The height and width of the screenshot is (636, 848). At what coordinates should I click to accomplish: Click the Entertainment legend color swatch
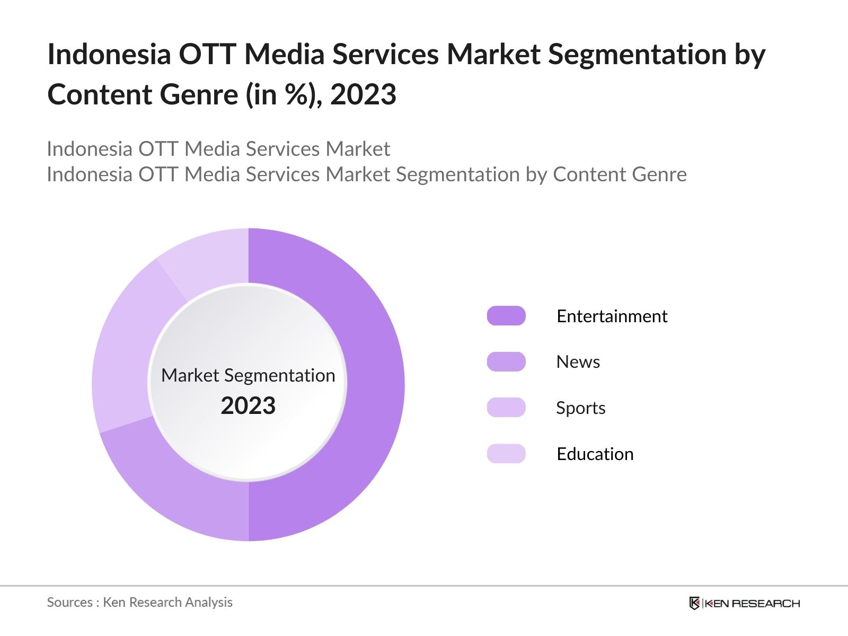coord(506,316)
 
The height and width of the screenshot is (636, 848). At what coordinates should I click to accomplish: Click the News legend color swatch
coord(506,361)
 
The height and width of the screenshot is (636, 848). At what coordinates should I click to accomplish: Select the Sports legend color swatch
coord(506,408)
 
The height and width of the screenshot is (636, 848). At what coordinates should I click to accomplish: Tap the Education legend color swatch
coord(506,454)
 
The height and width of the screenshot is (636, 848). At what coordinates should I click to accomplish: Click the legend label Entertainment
coord(612,316)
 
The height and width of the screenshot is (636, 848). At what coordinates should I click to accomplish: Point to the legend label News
coord(578,361)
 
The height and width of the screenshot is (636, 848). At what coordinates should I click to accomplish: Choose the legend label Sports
coord(580,408)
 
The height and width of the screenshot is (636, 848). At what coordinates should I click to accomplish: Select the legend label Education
coord(595,454)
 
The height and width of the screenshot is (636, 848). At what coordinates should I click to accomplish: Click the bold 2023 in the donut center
coord(248,406)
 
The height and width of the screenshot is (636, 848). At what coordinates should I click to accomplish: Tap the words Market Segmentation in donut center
coord(248,375)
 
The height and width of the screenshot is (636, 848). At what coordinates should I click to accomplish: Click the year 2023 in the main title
coord(363,95)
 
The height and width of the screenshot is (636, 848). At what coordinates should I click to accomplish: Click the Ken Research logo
coord(744,603)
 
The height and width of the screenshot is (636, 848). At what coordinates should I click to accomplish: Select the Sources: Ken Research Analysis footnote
coord(139,602)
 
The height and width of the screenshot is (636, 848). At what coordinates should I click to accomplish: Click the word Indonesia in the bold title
coord(109,54)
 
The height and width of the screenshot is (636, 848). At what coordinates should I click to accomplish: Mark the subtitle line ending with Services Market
coord(218,149)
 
